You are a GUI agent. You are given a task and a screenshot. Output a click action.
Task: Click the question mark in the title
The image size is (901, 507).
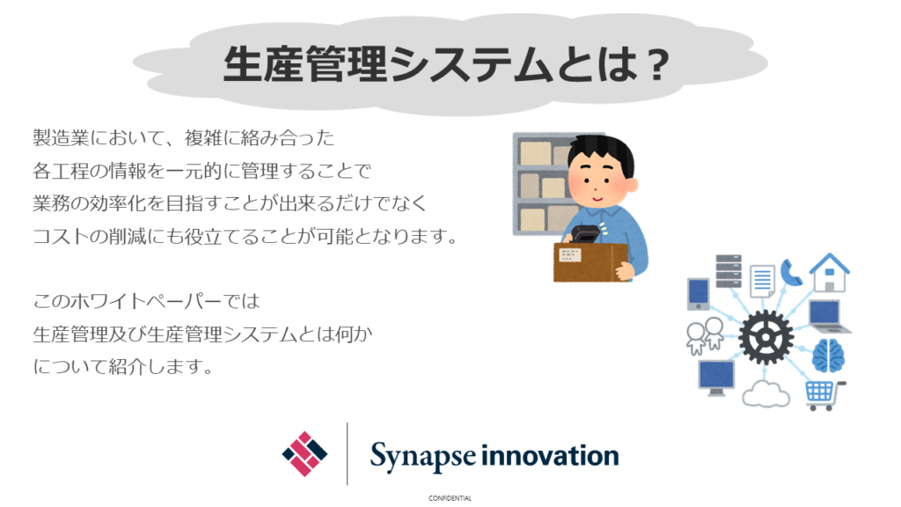(656, 65)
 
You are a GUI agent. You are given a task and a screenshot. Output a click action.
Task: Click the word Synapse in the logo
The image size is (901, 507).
(423, 457)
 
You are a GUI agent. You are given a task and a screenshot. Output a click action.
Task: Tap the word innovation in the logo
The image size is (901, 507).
(550, 455)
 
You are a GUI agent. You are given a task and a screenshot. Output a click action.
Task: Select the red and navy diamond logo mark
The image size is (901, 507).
(304, 454)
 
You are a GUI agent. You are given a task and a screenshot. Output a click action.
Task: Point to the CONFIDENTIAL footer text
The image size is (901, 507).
(450, 498)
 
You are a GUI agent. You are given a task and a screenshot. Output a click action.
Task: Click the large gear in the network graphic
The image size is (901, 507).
(765, 337)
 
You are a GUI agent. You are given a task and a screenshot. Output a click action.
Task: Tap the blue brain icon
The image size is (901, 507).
(828, 356)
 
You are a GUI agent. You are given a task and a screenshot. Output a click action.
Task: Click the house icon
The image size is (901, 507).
(829, 273)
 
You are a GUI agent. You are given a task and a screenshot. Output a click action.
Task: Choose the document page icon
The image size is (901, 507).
(762, 281)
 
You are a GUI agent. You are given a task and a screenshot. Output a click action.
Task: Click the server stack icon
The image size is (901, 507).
(729, 271)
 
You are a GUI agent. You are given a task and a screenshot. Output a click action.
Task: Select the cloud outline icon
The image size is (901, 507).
(766, 394)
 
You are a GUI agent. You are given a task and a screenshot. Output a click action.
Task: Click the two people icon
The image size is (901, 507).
(705, 335)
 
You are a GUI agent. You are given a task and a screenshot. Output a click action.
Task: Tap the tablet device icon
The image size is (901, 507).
(698, 294)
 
